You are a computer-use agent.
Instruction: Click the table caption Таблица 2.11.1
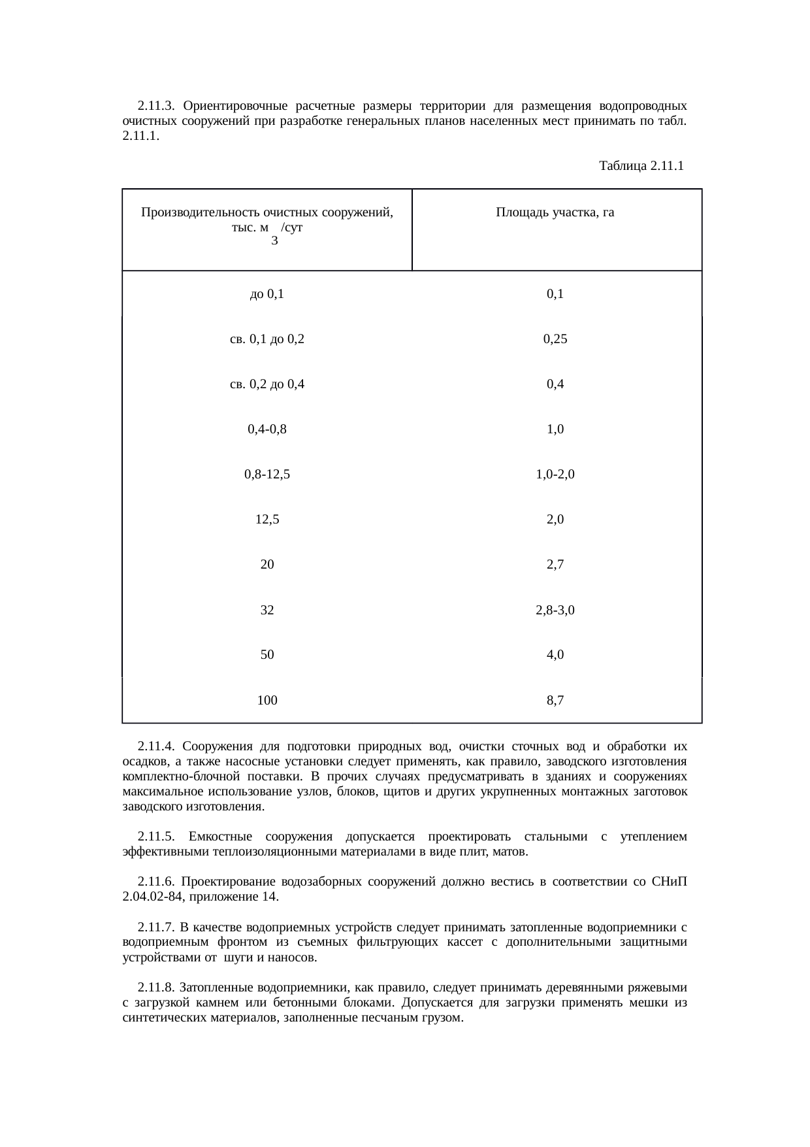coord(641,166)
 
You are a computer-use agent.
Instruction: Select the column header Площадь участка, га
coord(555,212)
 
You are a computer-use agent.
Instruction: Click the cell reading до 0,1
coord(267,294)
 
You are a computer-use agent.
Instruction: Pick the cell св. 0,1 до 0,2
coord(267,339)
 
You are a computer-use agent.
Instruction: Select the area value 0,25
coord(555,339)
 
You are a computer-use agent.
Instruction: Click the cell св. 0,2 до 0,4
coord(267,384)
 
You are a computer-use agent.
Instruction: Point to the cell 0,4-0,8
coord(267,429)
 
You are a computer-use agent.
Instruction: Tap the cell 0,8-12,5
coord(267,474)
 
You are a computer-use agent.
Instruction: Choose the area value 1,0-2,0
coord(555,474)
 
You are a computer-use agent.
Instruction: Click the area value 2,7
coord(555,565)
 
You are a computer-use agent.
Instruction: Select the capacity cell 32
coord(267,610)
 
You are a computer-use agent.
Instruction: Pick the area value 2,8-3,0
coord(555,610)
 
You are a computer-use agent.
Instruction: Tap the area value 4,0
coord(555,654)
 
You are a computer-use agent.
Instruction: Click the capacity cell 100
coord(267,701)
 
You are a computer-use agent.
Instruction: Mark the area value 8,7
coord(555,701)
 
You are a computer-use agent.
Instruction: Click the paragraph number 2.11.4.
coord(156,746)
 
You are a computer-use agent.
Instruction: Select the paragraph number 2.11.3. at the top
coord(156,106)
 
